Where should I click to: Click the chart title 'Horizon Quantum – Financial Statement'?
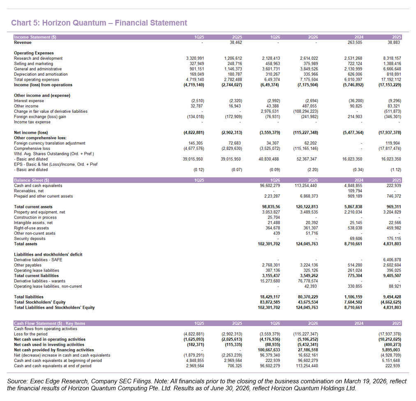pos(115,23)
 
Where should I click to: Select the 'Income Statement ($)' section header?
pos(35,37)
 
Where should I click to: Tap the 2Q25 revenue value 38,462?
pos(236,42)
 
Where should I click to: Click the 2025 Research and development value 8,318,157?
pos(392,58)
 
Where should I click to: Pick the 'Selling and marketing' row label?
pos(33,64)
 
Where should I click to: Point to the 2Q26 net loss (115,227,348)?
pos(305,133)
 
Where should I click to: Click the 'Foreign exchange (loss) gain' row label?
pos(40,117)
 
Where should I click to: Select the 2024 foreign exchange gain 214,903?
pos(355,117)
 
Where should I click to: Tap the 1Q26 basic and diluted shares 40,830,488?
pos(269,159)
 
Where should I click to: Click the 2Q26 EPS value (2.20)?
pos(313,170)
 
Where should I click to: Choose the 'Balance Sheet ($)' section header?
pos(31,180)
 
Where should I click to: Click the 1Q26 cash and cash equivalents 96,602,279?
pos(270,186)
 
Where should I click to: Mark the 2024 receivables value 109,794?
pos(355,191)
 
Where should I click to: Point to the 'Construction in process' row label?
pos(35,217)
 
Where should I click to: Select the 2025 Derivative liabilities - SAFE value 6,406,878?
pos(392,260)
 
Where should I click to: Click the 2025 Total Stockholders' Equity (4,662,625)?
pos(391,302)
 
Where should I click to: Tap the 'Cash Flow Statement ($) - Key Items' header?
pos(50,324)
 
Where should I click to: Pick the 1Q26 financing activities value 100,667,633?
pos(269,350)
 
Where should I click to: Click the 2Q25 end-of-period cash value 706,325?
pos(235,366)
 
